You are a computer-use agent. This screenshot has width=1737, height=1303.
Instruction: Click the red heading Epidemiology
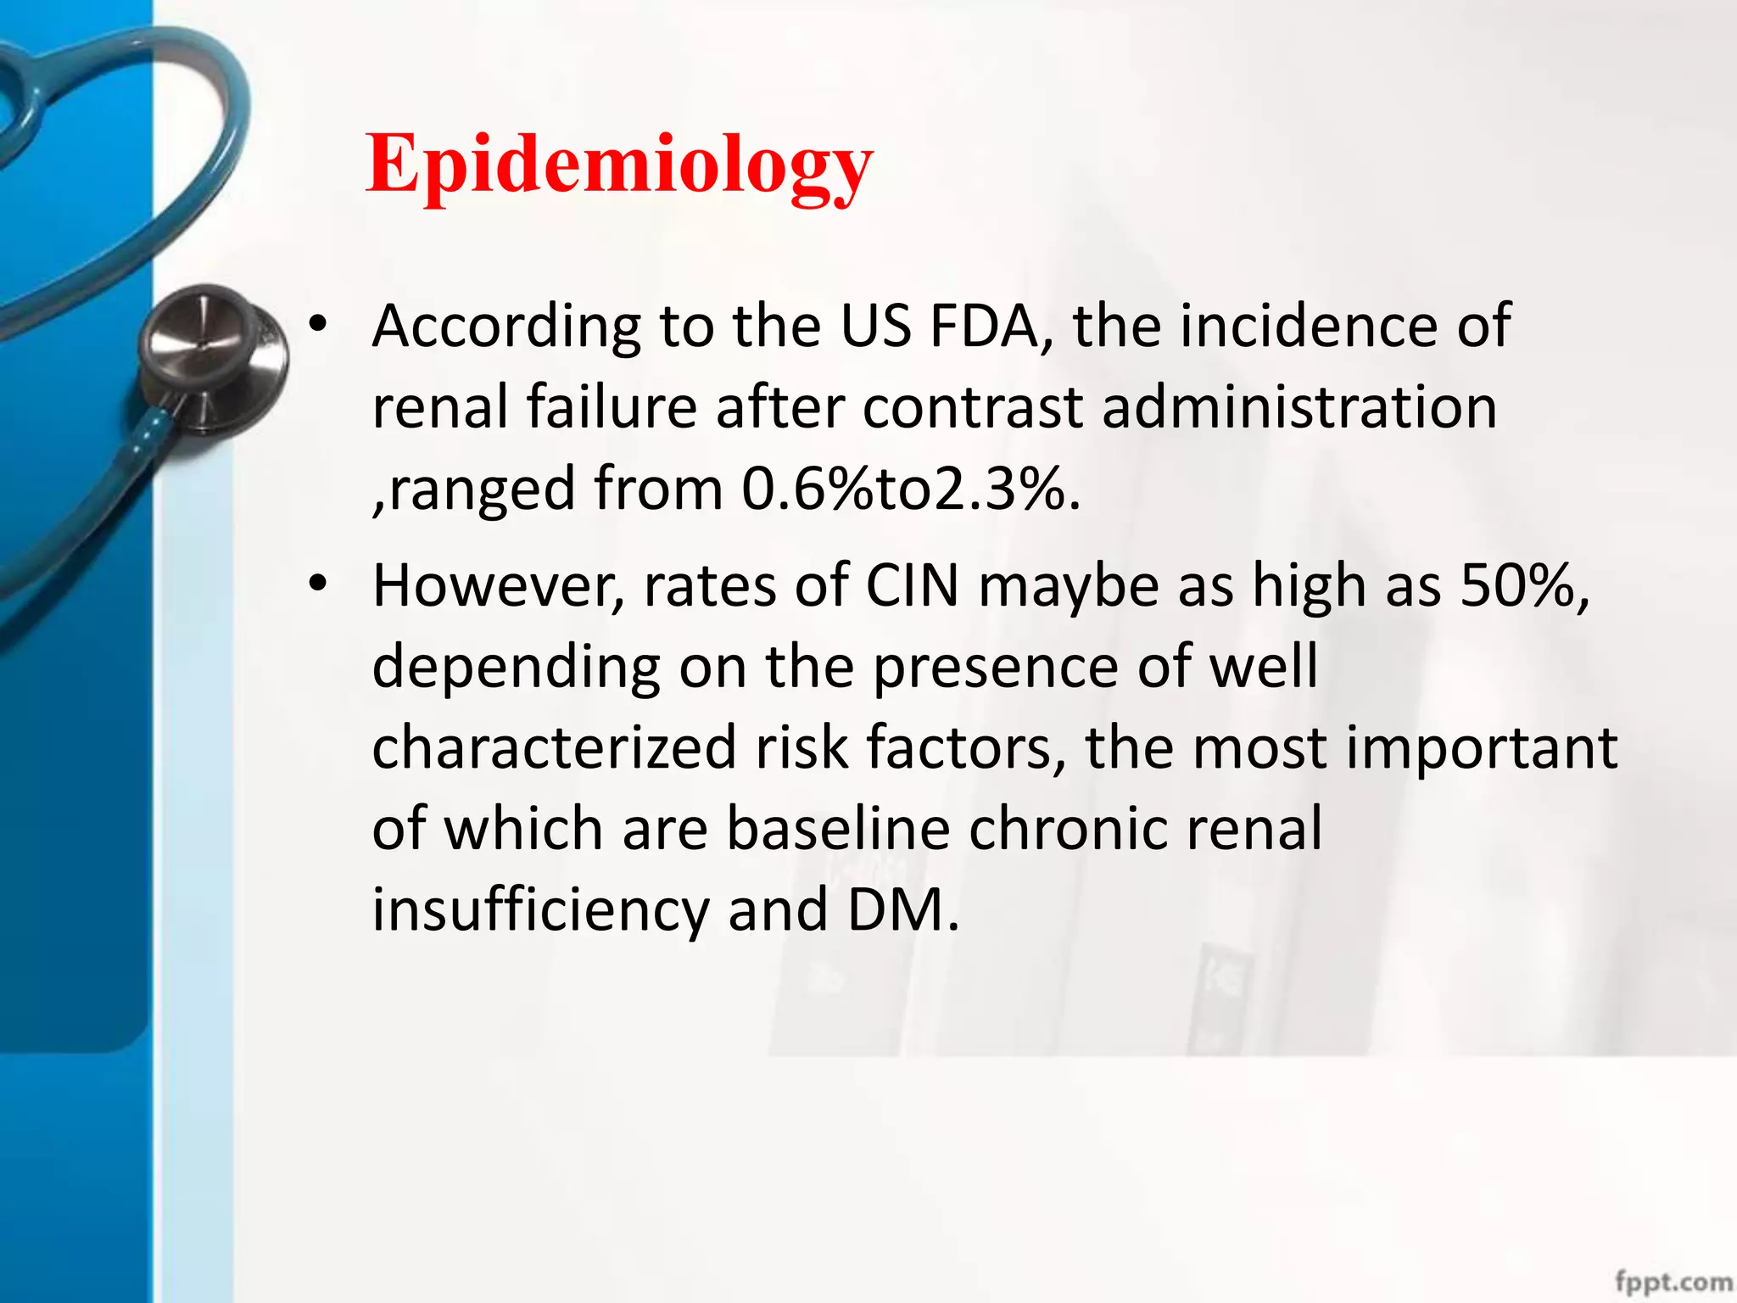coord(619,165)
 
